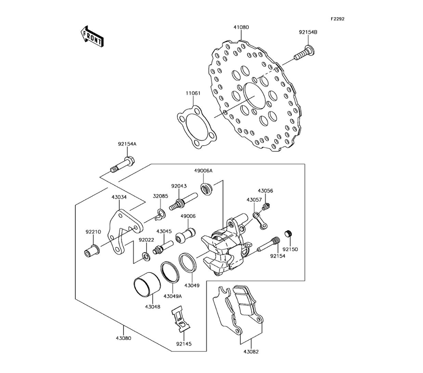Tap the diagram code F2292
(x=338, y=19)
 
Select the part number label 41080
(x=241, y=27)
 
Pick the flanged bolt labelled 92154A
(x=123, y=164)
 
